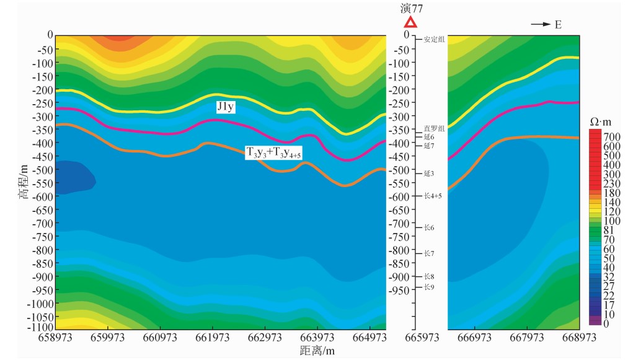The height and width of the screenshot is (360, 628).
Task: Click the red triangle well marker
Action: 410,23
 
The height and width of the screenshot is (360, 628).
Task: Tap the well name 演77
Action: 412,8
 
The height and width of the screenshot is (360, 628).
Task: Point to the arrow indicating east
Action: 541,24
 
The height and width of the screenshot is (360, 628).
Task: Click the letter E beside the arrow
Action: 558,24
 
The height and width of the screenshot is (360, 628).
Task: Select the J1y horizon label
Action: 225,107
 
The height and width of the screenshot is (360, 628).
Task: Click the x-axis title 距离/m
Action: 317,351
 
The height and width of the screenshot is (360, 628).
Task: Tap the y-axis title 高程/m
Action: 23,181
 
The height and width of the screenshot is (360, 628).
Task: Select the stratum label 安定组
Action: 435,40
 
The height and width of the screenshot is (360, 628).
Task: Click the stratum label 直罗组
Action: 434,128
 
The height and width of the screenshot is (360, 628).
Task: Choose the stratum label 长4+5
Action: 433,196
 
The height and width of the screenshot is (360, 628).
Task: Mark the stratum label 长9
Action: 429,287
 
